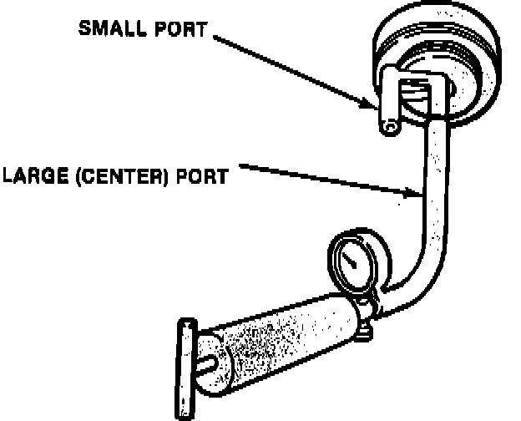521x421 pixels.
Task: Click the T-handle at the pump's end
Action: [x=185, y=368]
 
